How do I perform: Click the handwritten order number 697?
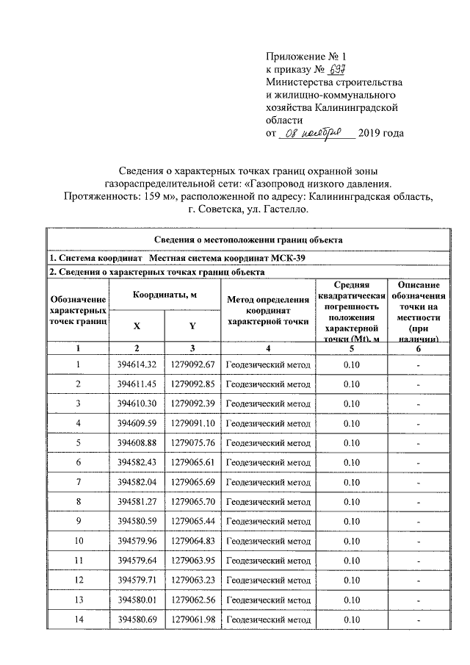point(337,69)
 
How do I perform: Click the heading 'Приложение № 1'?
point(304,56)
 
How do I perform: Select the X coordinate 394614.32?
point(137,364)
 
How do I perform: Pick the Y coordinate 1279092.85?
point(192,384)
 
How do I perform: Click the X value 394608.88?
point(137,442)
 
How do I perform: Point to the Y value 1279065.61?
point(192,461)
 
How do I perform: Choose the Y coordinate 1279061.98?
point(192,618)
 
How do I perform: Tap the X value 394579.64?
point(137,559)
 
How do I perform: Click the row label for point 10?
point(78,540)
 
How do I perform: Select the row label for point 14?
point(78,618)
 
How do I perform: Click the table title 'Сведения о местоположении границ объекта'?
point(249,240)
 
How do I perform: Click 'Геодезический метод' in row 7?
point(267,481)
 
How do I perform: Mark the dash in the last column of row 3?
point(416,403)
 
